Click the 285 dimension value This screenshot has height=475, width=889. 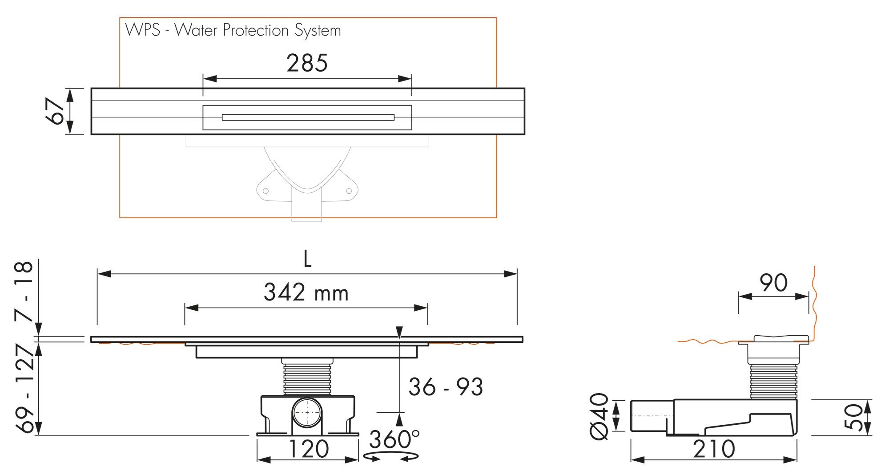tap(307, 64)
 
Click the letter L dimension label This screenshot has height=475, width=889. tap(307, 259)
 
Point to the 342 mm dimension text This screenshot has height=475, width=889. tap(306, 293)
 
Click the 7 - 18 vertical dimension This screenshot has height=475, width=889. tap(24, 292)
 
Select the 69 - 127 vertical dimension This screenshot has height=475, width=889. tap(25, 389)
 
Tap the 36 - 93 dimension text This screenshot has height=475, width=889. tap(446, 387)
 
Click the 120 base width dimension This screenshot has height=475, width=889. tap(309, 449)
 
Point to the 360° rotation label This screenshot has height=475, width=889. tap(394, 440)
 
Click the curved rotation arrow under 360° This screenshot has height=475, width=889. tap(391, 457)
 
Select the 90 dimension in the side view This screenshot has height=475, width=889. tap(773, 283)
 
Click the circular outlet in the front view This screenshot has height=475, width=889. tap(307, 413)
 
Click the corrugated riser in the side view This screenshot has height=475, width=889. tap(772, 381)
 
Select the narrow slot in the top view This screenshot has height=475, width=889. tap(308, 118)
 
